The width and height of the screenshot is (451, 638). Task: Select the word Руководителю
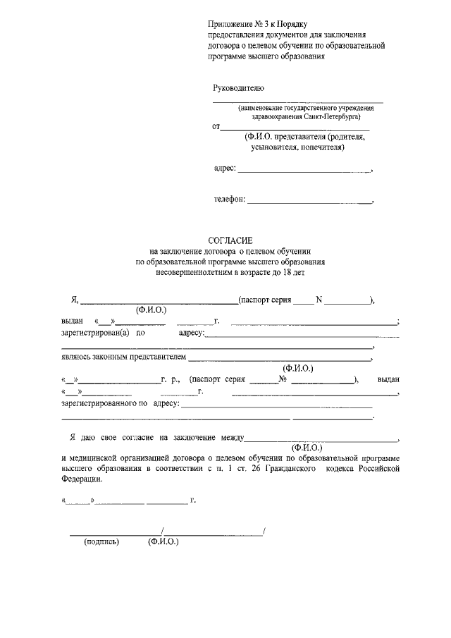click(x=238, y=88)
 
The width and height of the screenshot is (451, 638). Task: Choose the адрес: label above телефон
click(x=225, y=169)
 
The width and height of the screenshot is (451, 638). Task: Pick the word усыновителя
click(x=273, y=148)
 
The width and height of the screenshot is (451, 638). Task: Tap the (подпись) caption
click(x=101, y=542)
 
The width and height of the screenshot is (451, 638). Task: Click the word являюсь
click(x=77, y=357)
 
